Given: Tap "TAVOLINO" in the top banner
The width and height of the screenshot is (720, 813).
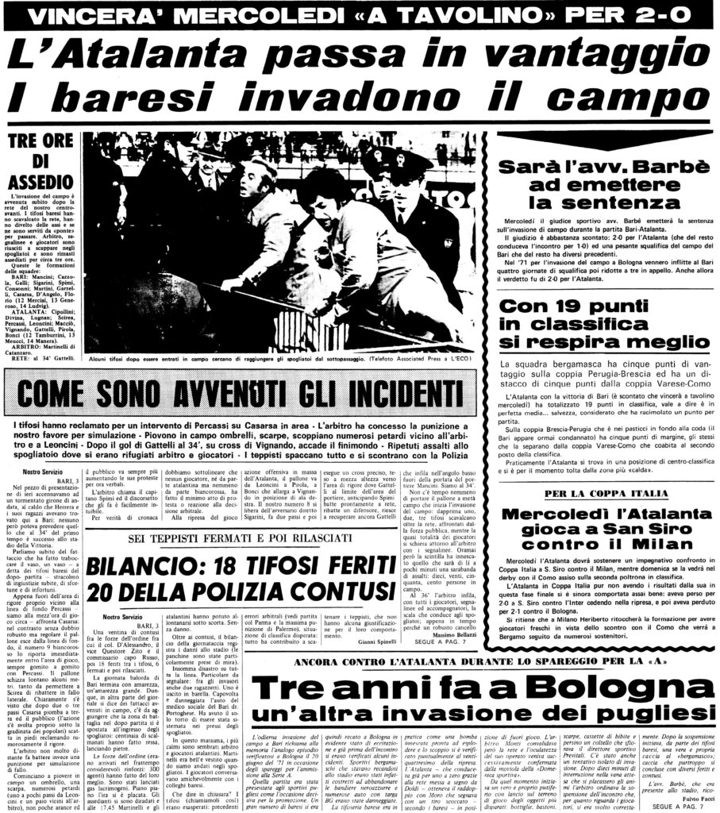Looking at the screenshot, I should point(409,14).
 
